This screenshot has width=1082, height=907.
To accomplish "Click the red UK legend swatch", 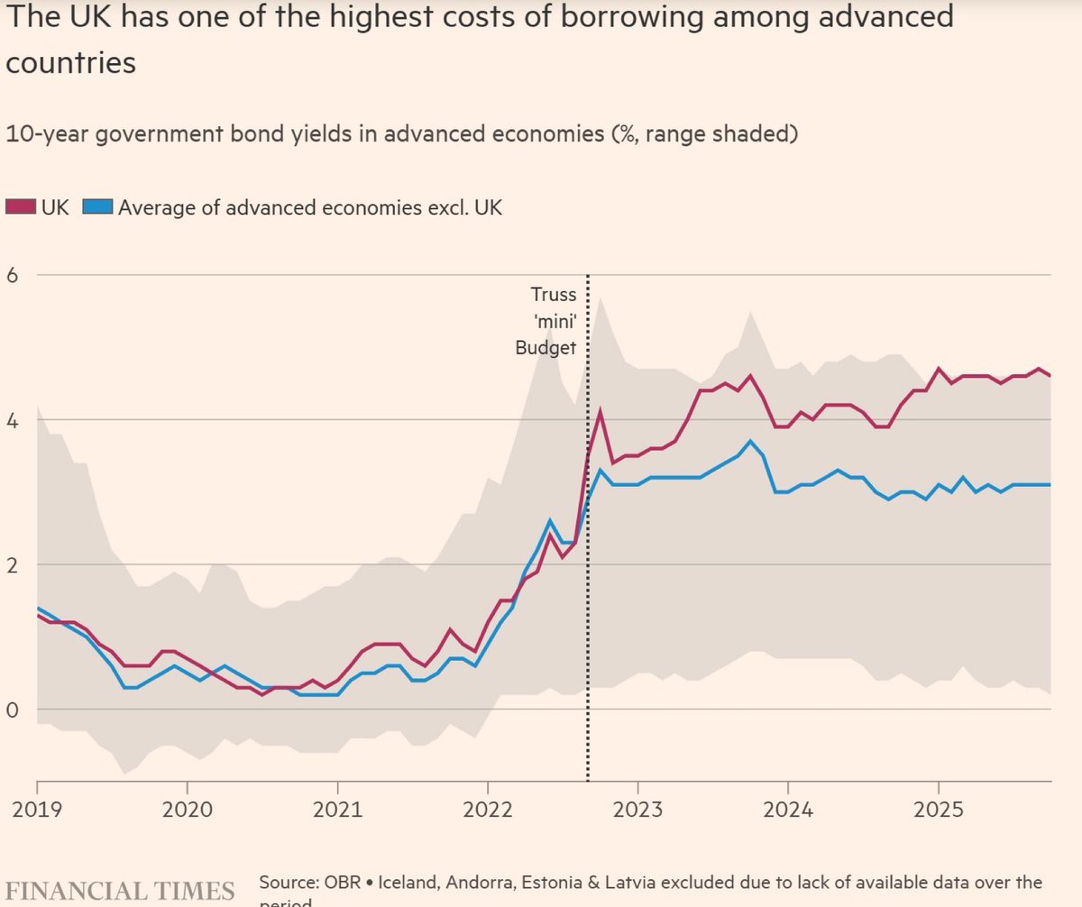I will (x=21, y=207).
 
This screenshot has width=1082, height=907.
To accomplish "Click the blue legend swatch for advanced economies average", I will (x=98, y=207).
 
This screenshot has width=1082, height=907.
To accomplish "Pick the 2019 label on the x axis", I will (x=37, y=808).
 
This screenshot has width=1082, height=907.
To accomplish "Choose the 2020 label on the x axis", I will (x=187, y=808).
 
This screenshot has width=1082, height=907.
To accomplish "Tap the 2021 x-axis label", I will (x=337, y=808).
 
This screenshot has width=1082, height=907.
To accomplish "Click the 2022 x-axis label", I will (x=488, y=808).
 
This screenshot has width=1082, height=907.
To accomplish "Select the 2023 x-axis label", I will (x=637, y=808).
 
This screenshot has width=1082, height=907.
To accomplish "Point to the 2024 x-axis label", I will (x=788, y=808).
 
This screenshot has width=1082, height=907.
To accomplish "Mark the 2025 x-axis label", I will (x=939, y=808).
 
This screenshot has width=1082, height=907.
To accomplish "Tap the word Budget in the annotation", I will (x=545, y=348).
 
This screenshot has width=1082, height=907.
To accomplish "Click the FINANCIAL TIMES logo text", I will (x=120, y=889).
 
